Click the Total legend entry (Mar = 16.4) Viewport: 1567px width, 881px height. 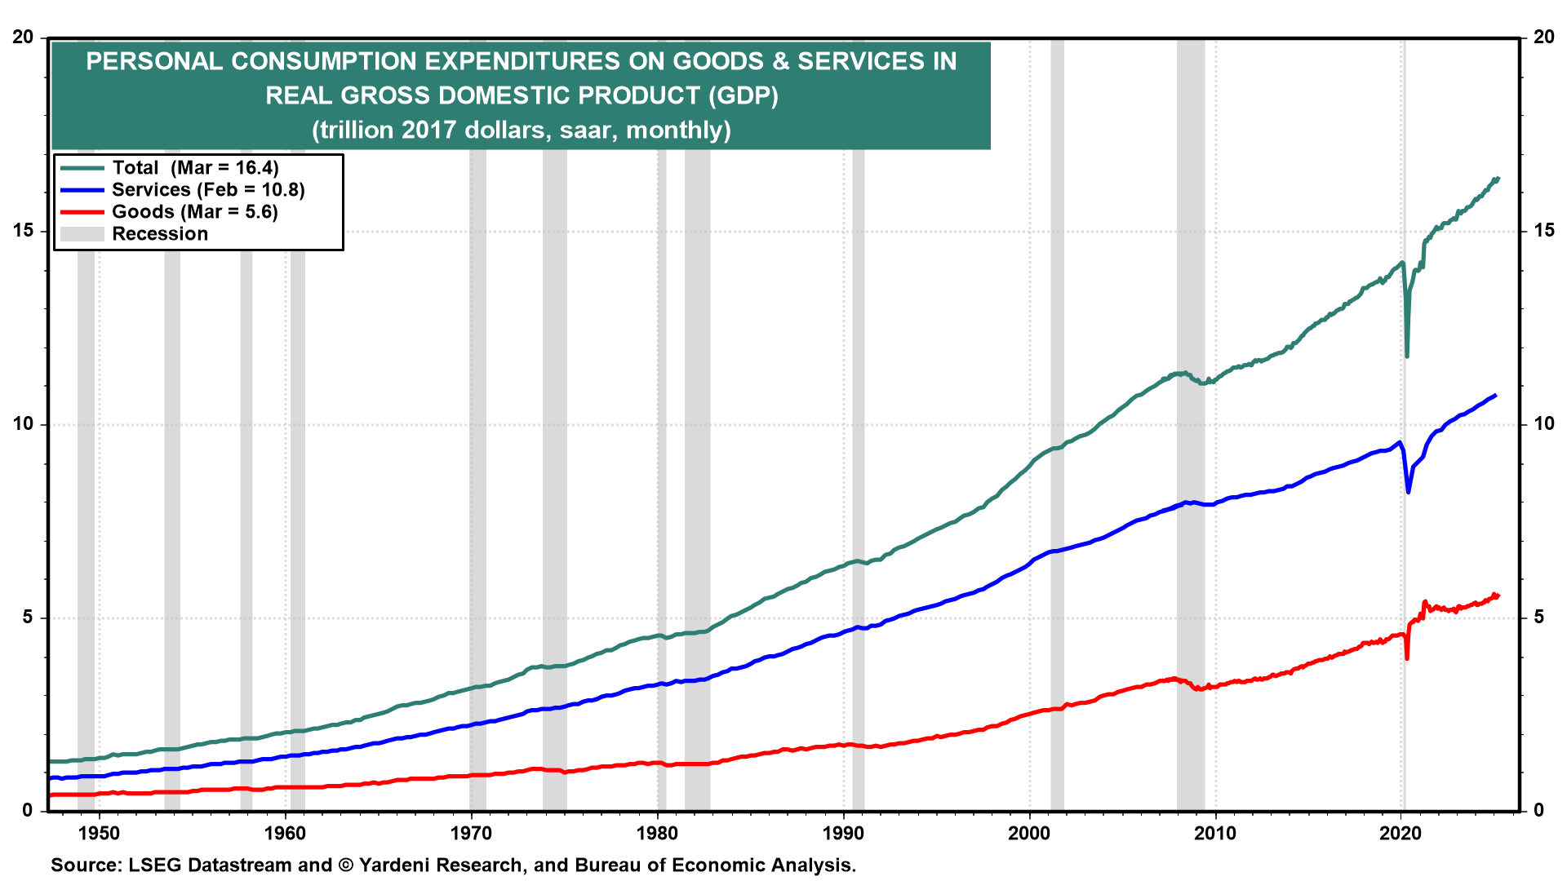(195, 168)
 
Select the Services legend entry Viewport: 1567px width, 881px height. (207, 190)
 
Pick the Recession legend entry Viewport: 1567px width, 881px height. (159, 234)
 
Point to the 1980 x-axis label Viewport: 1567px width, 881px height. (657, 834)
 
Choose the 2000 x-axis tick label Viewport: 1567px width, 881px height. (1029, 834)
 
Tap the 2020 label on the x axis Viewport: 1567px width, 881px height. (1401, 834)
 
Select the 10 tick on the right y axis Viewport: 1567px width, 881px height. (1543, 424)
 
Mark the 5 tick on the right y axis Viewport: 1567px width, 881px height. (1538, 618)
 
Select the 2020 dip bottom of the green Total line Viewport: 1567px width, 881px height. (1407, 356)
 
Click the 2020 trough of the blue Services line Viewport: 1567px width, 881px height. (1408, 492)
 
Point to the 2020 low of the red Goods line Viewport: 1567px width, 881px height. (1407, 657)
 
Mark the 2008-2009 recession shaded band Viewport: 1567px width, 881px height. (1191, 489)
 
